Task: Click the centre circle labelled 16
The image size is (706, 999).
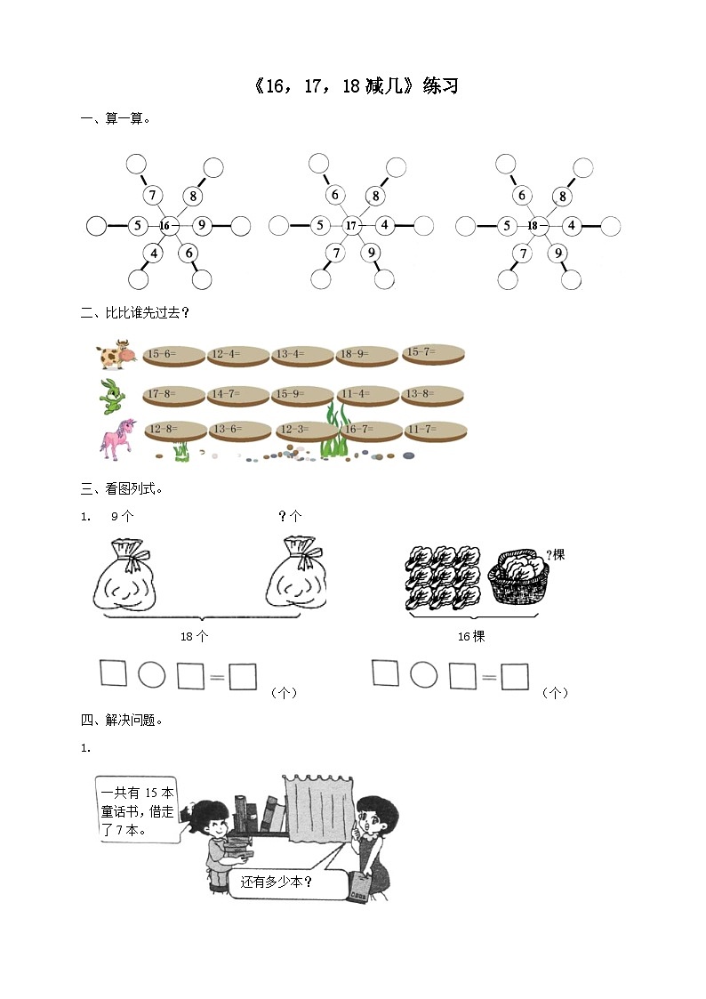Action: (x=164, y=226)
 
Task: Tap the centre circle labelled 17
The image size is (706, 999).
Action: (x=350, y=226)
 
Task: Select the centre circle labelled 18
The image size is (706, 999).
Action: (x=533, y=226)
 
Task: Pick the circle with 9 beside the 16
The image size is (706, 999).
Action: (x=202, y=226)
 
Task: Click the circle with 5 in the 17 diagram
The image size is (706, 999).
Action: (x=319, y=226)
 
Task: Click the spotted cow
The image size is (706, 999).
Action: (x=115, y=355)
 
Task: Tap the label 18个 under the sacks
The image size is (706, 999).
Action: (x=194, y=637)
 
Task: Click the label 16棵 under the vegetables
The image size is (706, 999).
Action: (x=471, y=637)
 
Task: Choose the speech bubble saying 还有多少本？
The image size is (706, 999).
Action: (x=284, y=882)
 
